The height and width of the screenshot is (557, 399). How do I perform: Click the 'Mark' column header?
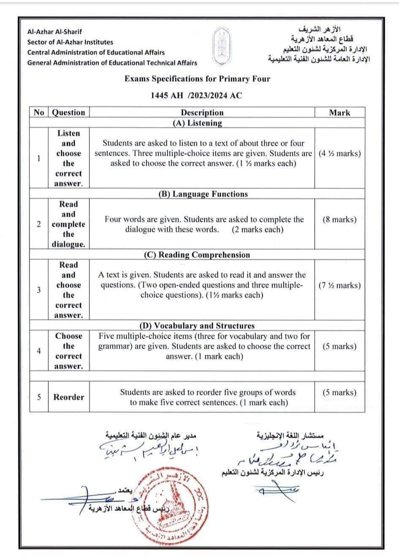click(339, 112)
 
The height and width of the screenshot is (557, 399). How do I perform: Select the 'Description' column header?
click(202, 112)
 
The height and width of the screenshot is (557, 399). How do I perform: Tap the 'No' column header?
click(39, 112)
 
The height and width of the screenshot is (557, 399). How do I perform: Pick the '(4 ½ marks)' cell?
click(339, 153)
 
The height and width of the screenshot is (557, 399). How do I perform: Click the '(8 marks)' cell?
click(339, 220)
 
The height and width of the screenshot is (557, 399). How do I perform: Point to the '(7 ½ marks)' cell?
click(339, 285)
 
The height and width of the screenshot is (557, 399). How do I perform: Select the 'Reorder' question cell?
click(68, 397)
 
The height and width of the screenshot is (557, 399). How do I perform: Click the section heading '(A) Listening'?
click(197, 123)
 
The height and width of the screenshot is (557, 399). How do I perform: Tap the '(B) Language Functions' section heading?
click(203, 194)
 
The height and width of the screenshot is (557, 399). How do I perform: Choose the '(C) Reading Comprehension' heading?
click(197, 255)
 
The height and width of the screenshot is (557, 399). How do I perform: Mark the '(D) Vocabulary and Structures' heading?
click(197, 326)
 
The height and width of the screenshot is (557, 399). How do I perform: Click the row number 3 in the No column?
click(39, 290)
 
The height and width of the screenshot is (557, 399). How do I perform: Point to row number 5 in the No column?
click(39, 397)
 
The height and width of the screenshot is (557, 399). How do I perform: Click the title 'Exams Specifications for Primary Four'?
click(197, 79)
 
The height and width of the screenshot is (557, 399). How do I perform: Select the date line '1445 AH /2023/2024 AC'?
click(196, 95)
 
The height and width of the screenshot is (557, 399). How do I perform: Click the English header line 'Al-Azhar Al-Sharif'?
click(54, 32)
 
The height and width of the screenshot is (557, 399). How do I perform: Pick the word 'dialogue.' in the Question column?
click(68, 244)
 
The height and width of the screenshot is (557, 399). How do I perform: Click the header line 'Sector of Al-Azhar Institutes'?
click(70, 42)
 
